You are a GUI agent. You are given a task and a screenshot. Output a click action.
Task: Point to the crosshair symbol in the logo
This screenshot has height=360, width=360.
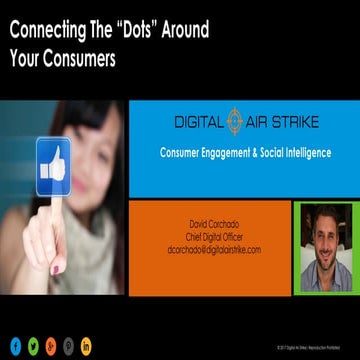pyautogui.click(x=235, y=121)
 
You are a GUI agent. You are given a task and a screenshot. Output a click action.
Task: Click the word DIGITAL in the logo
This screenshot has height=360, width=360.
pyautogui.click(x=197, y=122)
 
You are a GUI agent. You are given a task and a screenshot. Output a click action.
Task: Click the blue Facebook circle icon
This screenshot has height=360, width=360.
pyautogui.click(x=16, y=345)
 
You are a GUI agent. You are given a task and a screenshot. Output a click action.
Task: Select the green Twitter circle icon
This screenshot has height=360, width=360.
pyautogui.click(x=34, y=345)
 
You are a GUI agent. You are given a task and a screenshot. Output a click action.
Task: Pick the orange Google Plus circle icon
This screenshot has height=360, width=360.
pyautogui.click(x=51, y=345)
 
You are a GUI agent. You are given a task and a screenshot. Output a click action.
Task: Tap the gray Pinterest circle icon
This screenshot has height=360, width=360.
pyautogui.click(x=69, y=345)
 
